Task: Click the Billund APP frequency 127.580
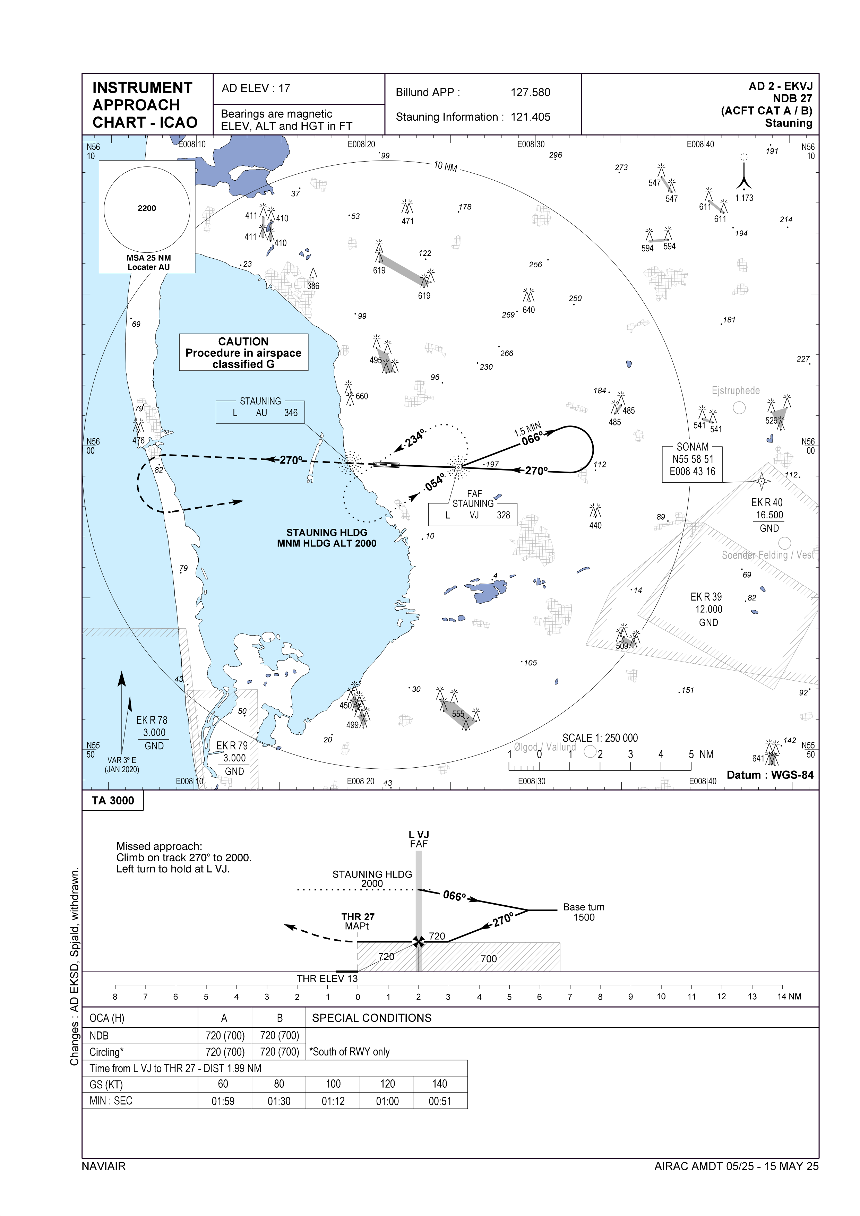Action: (x=530, y=92)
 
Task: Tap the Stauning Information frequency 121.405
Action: (x=530, y=117)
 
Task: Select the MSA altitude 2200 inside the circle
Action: (x=147, y=208)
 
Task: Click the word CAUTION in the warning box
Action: (x=243, y=342)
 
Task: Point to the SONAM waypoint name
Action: (x=692, y=447)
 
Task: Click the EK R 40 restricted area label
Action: (x=766, y=503)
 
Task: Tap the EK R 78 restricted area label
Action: (x=152, y=720)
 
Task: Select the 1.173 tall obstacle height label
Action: (x=744, y=198)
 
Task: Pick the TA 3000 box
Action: (x=113, y=800)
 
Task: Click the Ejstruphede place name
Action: (x=736, y=391)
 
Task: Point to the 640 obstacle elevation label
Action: (x=528, y=310)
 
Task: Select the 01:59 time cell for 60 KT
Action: (x=223, y=1102)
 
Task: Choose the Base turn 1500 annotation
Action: (x=584, y=912)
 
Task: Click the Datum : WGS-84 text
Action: (x=769, y=775)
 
